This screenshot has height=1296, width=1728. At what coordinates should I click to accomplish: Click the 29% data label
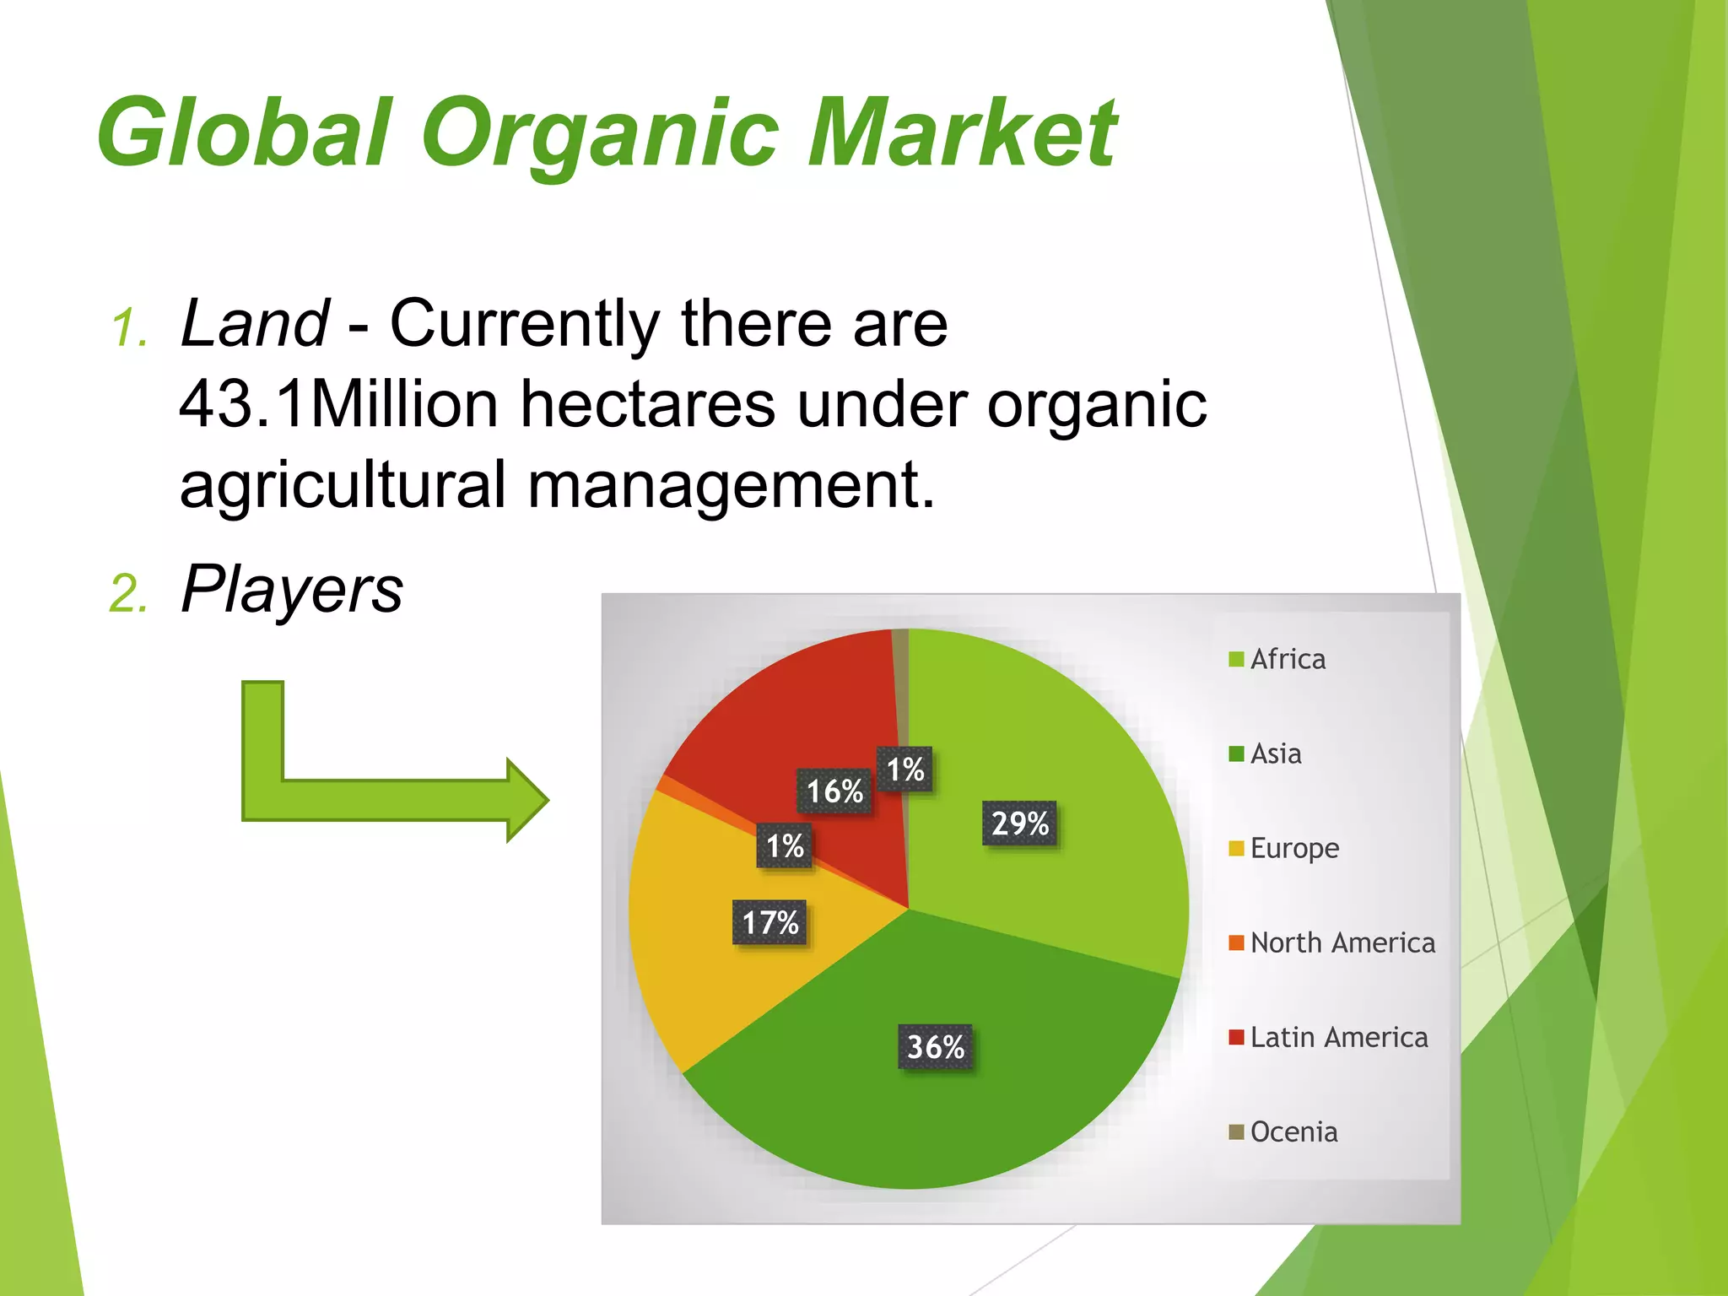[x=1019, y=823]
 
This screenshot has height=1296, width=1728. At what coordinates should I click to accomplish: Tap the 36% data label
[x=935, y=1047]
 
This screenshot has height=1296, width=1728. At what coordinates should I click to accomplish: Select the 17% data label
[x=769, y=922]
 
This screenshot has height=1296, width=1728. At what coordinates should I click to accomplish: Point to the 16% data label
[x=834, y=791]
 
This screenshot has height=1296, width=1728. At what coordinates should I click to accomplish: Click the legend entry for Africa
[x=1277, y=659]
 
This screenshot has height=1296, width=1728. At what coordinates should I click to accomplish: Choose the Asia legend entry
[x=1266, y=753]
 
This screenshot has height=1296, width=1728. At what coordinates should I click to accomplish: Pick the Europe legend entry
[x=1284, y=848]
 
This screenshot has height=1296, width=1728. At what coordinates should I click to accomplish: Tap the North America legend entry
[x=1332, y=942]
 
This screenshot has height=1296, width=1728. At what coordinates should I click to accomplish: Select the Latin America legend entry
[x=1329, y=1037]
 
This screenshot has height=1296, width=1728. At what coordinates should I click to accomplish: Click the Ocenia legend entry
[x=1283, y=1131]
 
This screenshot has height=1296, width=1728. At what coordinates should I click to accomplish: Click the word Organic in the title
[x=600, y=133]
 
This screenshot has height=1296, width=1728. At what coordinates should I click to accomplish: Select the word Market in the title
[x=962, y=133]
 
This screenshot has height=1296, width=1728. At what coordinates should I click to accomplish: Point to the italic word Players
[x=292, y=590]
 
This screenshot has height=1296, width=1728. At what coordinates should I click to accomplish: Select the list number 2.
[x=127, y=594]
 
